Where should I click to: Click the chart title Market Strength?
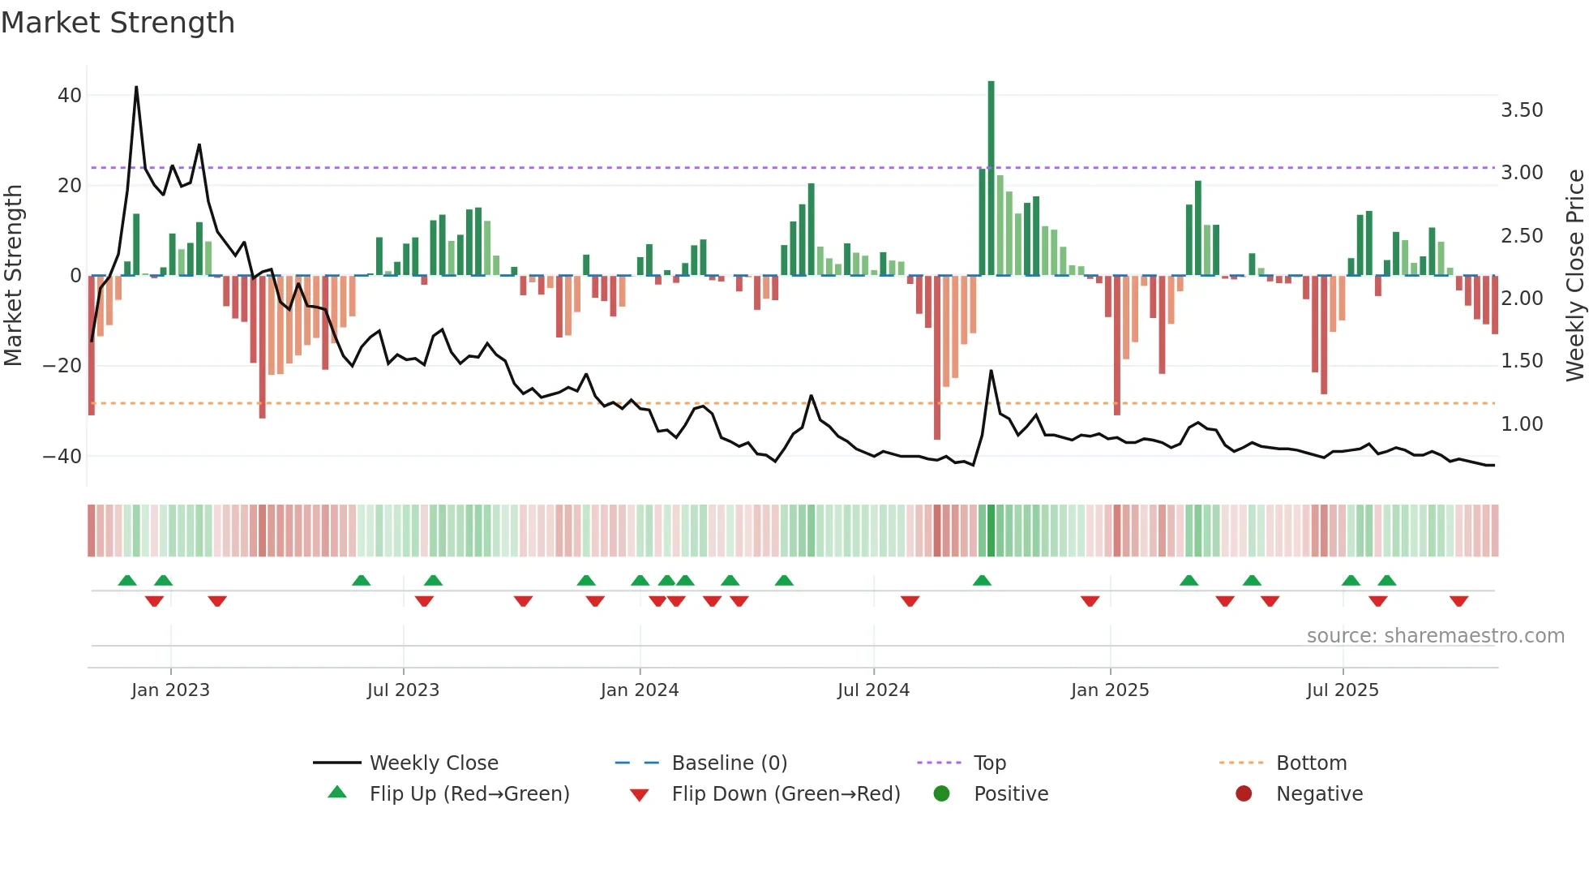coord(118,23)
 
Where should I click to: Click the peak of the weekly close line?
coord(136,88)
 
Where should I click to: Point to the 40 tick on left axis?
coord(70,96)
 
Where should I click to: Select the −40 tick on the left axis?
coord(62,457)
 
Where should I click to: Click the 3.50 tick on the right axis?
coord(1522,110)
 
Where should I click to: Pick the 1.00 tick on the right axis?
coord(1522,424)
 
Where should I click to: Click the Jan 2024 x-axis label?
coord(639,690)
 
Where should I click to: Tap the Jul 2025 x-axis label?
coord(1342,690)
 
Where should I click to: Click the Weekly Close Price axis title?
coord(1574,275)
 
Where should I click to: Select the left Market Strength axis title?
coord(13,275)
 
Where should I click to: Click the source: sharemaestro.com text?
coord(1435,636)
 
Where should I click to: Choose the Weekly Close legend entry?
coord(433,763)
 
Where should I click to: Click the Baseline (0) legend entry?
coord(729,763)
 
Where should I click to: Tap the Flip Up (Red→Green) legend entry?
coord(469,794)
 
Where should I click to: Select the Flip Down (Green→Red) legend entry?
coord(785,794)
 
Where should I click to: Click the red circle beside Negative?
coord(1244,794)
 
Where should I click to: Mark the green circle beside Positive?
coord(941,794)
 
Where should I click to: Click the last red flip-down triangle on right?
coord(1458,601)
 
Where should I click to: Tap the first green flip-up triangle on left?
coord(127,581)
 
